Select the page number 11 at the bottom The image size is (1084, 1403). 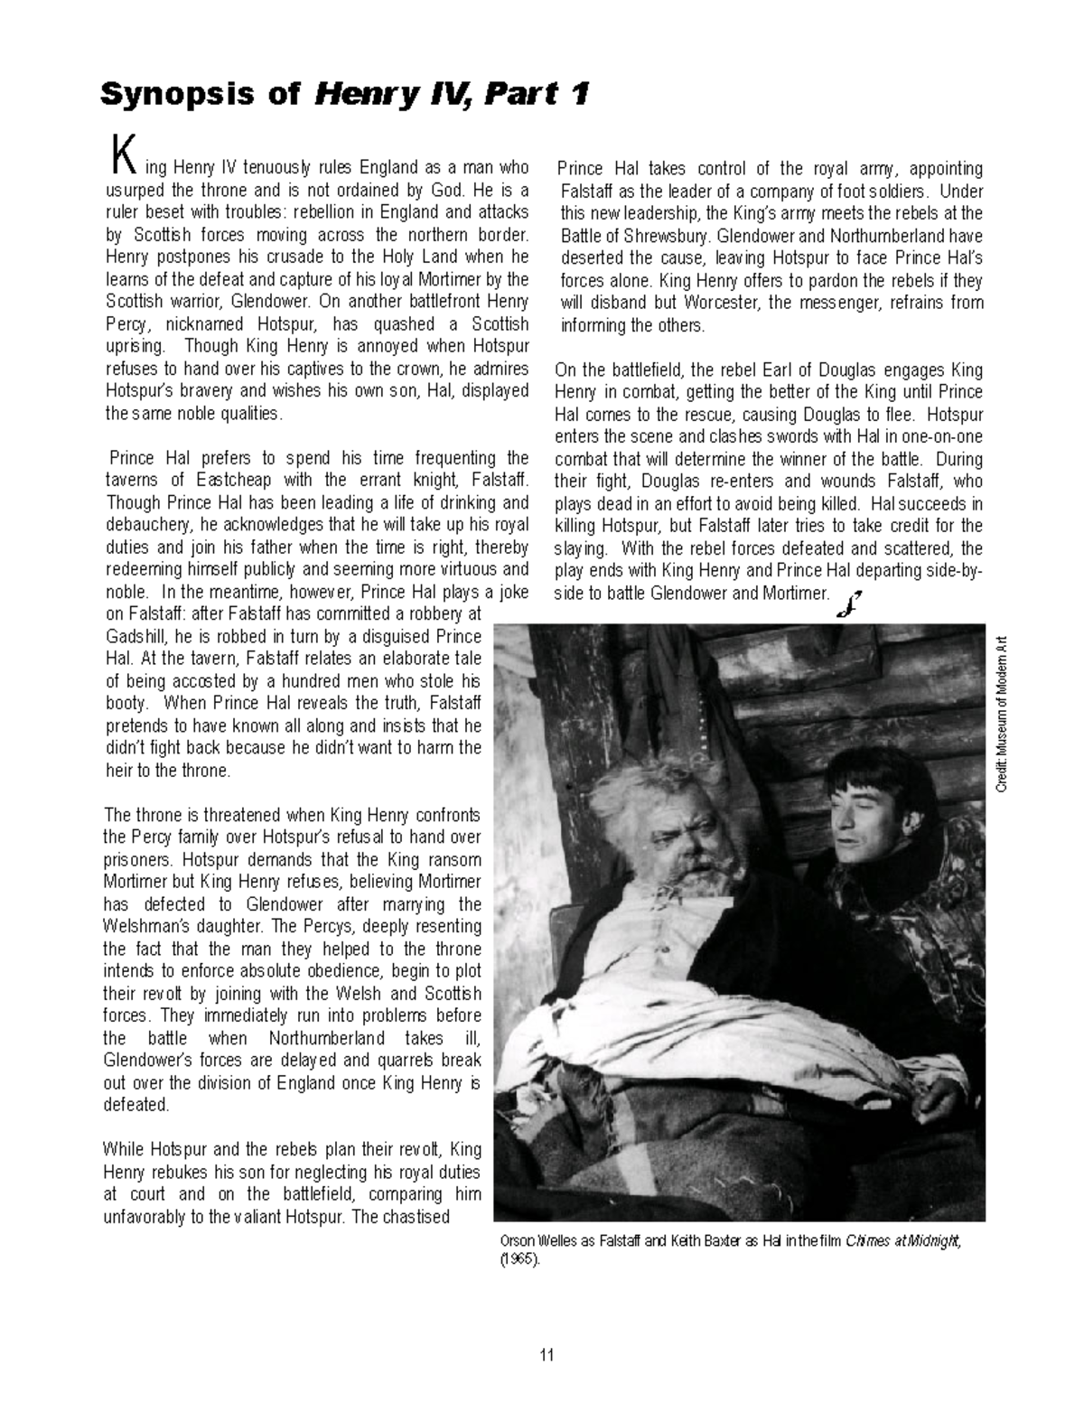[x=546, y=1354]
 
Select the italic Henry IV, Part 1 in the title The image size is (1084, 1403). [x=452, y=94]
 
